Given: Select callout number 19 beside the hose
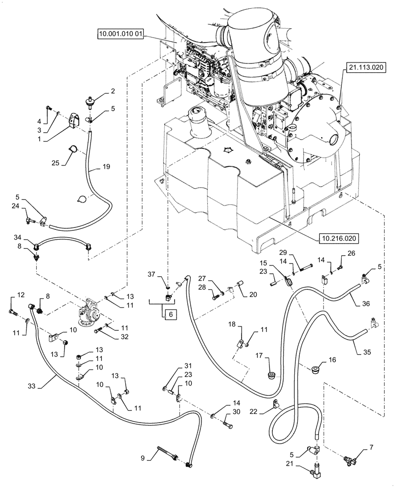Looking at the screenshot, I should (107, 166).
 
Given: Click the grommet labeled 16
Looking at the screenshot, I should (315, 367).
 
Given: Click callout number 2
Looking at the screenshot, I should (112, 90).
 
